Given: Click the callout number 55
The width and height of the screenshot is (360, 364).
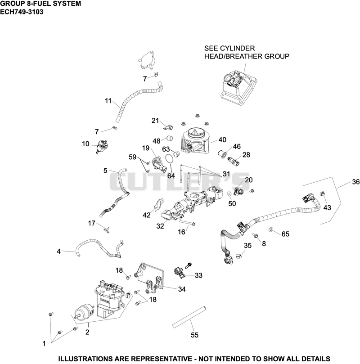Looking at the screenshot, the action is coord(194,335).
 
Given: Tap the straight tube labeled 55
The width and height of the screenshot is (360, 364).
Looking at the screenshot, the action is coord(189,317).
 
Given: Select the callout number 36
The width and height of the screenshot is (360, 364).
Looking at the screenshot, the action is coord(355,182).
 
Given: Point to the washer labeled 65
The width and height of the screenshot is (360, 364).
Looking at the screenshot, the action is coord(270,229).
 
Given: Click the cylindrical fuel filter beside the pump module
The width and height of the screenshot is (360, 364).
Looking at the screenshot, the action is coord(84,312).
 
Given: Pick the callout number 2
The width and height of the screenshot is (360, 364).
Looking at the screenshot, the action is coord(87,332).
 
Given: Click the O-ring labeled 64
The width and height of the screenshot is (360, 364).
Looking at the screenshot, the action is coord(169,159).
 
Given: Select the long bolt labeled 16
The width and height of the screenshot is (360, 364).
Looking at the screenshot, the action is coord(187,223).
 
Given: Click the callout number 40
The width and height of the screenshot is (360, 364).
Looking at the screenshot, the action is coord(222,140).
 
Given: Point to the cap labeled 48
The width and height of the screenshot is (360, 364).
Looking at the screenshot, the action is coord(170,138).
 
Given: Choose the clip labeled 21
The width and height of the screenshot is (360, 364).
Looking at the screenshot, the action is coord(168,127).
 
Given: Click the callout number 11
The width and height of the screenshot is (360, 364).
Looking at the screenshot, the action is coord(108,101).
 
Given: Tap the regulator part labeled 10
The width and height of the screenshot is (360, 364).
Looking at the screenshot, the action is coord(103,146).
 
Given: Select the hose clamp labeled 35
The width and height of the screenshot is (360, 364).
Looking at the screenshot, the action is coord(238,256).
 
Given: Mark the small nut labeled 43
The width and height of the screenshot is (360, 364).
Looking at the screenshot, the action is coord(322,193).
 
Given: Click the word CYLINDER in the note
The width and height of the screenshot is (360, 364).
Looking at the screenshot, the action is coord(237,48).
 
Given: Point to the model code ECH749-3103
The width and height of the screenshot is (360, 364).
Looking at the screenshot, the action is coord(22,12).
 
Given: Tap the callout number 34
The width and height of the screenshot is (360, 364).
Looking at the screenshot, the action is coord(182,289).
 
